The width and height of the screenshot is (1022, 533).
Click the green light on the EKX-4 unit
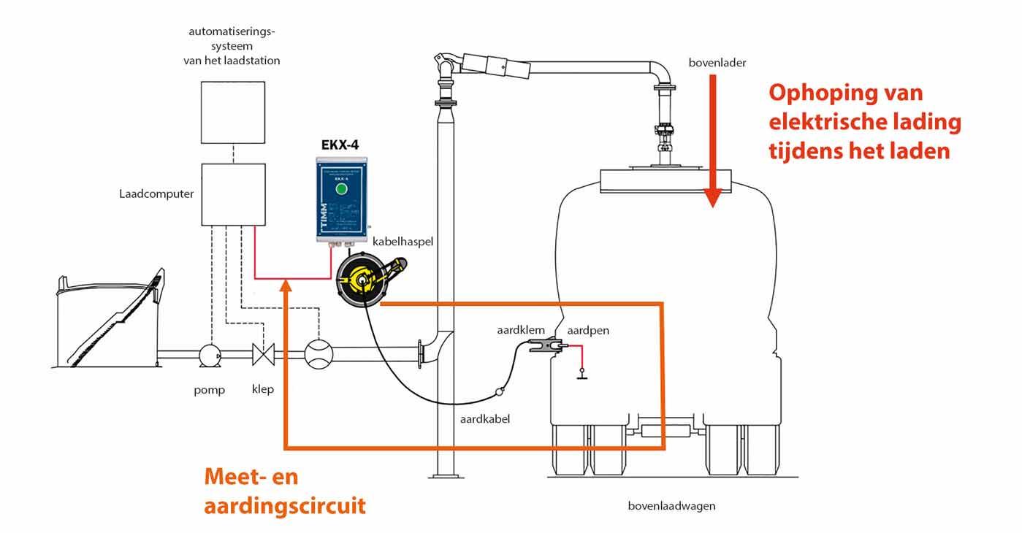coord(340,189)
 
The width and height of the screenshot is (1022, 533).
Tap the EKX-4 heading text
coord(340,145)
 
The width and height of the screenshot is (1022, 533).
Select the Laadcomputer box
coord(232,194)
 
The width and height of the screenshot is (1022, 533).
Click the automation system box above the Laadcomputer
coord(232,112)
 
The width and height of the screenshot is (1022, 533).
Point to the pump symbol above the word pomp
coord(211,356)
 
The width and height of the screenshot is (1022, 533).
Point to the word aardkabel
coord(484,419)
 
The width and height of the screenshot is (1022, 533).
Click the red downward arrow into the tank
coord(713,139)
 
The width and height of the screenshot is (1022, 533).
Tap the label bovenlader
coord(717,64)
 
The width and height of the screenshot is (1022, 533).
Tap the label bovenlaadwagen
coord(671,506)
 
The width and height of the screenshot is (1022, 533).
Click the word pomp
coord(210,390)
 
